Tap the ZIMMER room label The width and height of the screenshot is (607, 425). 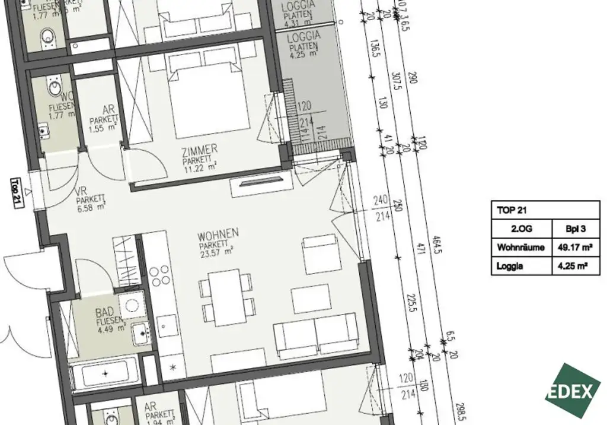click(x=200, y=149)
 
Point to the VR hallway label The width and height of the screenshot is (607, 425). click(x=82, y=192)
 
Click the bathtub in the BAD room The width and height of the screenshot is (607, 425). click(x=105, y=375)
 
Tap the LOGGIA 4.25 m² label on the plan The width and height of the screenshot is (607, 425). click(x=303, y=45)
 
